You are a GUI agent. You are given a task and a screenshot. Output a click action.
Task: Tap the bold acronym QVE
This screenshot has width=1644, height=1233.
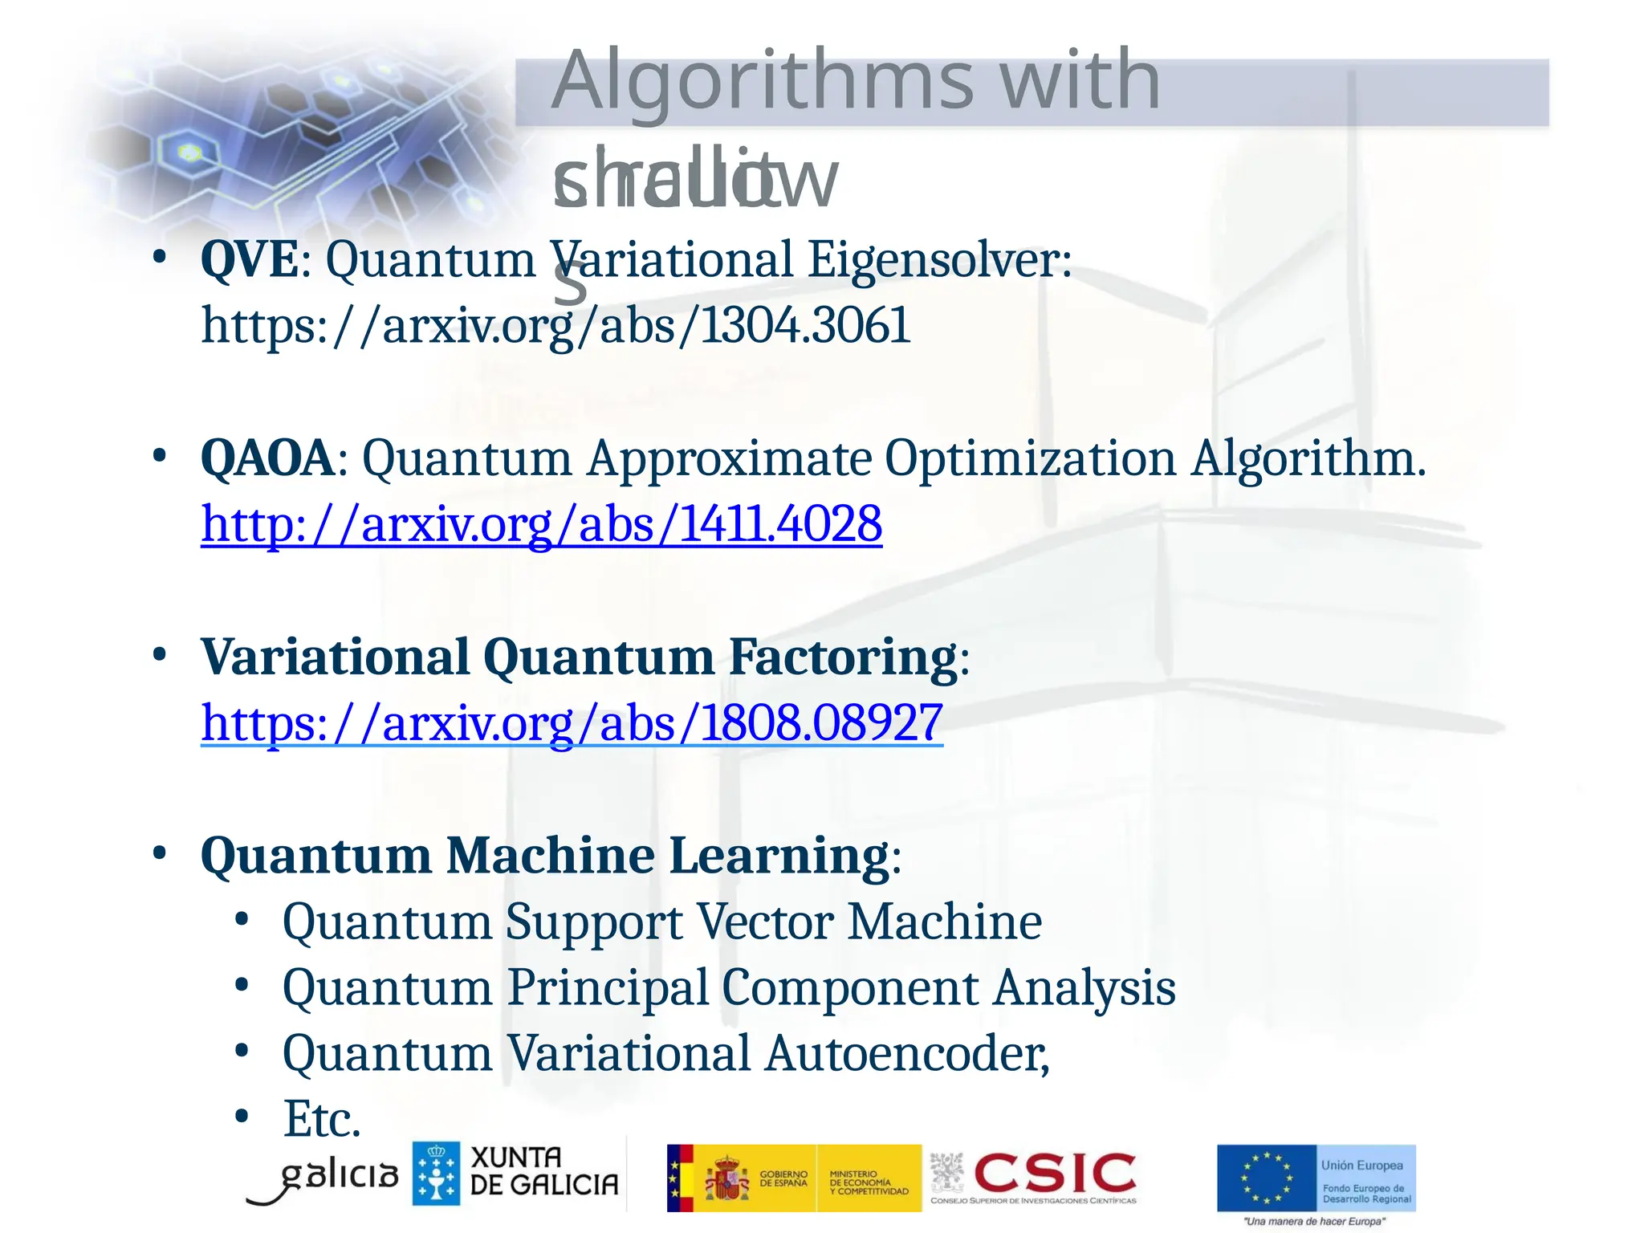pyautogui.click(x=249, y=259)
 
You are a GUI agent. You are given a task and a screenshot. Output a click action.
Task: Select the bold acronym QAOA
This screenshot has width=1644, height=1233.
pyautogui.click(x=267, y=458)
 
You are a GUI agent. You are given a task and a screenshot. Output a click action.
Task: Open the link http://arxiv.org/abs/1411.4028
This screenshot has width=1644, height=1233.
pyautogui.click(x=541, y=524)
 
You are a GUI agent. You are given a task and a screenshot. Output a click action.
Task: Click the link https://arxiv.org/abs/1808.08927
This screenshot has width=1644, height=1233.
pyautogui.click(x=572, y=722)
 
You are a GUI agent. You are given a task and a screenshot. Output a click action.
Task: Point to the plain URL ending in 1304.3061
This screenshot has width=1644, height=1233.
pyautogui.click(x=555, y=326)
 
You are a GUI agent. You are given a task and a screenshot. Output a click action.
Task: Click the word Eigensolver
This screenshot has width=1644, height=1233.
pyautogui.click(x=938, y=259)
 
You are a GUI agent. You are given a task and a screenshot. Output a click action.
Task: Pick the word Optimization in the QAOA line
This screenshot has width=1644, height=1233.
pyautogui.click(x=1030, y=458)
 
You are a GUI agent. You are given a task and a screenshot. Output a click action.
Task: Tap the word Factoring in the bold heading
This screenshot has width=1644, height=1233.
pyautogui.click(x=842, y=657)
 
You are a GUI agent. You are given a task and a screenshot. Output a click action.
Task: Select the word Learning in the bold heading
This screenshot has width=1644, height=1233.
pyautogui.click(x=779, y=855)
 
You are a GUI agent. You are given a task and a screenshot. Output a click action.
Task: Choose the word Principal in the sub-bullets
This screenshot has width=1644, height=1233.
pyautogui.click(x=608, y=987)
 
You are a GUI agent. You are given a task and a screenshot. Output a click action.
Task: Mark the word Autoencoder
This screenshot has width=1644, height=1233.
pyautogui.click(x=906, y=1053)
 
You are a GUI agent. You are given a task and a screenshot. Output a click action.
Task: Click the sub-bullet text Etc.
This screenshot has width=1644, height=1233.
pyautogui.click(x=322, y=1119)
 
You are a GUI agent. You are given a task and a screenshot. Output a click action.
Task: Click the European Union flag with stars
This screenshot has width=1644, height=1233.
pyautogui.click(x=1267, y=1178)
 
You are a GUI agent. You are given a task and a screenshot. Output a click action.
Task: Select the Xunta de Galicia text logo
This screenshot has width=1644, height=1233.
pyautogui.click(x=543, y=1172)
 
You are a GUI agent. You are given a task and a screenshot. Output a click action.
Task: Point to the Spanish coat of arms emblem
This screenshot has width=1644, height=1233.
pyautogui.click(x=726, y=1178)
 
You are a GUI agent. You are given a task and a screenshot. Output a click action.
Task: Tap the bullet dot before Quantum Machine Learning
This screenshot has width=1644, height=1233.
pyautogui.click(x=160, y=853)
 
